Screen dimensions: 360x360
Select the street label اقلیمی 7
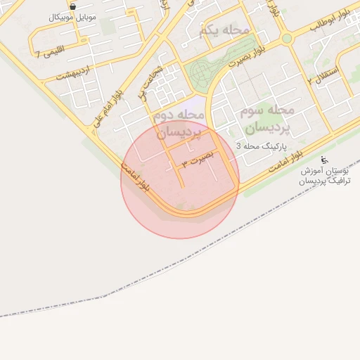(49, 53)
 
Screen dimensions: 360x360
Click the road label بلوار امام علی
(106, 109)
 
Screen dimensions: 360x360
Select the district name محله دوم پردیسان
(179, 122)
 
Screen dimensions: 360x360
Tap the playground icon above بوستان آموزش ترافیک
(324, 159)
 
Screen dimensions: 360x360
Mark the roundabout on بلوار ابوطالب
(286, 39)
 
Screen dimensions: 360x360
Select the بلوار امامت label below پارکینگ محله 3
(283, 164)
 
